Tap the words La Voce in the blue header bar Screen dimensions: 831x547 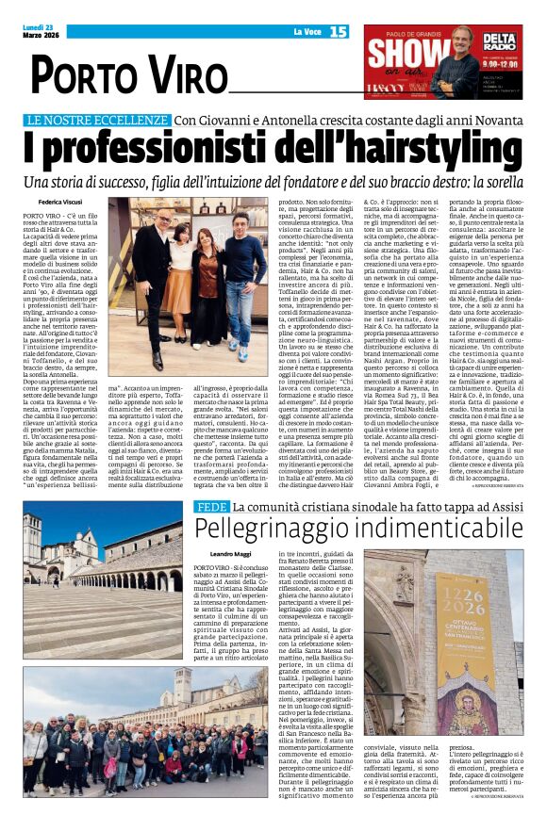coord(307,33)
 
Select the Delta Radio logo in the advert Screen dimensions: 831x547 coord(499,42)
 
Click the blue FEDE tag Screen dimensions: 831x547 coord(210,507)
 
